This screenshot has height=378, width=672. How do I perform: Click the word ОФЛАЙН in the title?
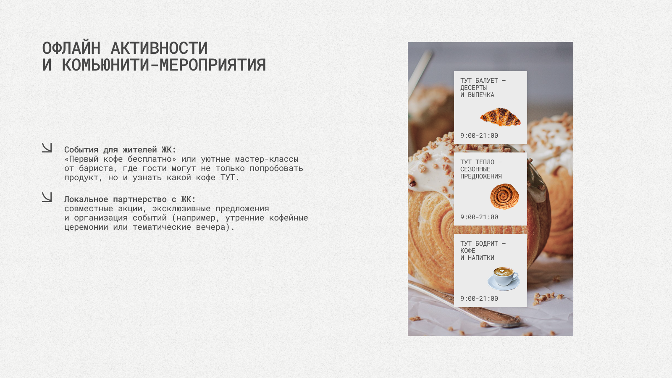71,48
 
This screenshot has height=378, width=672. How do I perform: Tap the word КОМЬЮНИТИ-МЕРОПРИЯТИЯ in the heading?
164,65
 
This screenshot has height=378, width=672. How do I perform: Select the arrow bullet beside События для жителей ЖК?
47,147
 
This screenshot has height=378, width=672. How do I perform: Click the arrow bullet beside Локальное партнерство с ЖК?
47,197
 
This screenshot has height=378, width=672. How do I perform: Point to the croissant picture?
500,117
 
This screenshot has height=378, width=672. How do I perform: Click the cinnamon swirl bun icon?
504,196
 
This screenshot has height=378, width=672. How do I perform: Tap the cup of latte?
504,278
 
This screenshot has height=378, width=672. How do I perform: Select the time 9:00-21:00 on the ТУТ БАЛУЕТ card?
479,136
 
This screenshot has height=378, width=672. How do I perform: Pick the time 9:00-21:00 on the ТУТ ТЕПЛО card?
479,217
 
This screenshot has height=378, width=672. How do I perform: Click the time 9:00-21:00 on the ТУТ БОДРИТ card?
479,299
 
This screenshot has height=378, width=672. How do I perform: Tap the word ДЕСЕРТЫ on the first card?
473,88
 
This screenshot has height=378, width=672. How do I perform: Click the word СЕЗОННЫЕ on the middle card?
475,169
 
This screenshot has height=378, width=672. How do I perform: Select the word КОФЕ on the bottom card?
467,251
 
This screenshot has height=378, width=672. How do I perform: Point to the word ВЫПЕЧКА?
481,95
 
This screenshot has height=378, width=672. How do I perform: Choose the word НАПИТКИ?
481,258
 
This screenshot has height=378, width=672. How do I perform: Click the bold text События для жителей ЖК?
120,150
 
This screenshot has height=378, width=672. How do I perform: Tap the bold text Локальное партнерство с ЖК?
130,199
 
